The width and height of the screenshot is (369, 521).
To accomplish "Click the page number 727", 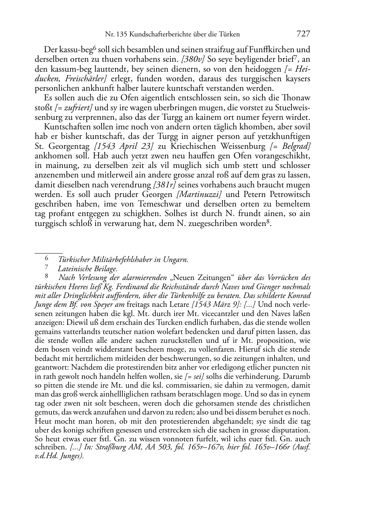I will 303,34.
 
